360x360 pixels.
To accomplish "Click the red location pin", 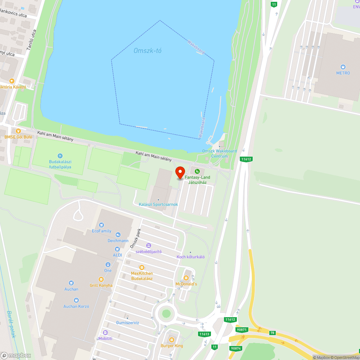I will tap(180, 172).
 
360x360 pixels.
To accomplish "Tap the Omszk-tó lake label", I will tap(148, 51).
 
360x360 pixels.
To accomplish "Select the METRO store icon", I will tap(343, 67).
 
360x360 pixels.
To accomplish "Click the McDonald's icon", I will tap(186, 278).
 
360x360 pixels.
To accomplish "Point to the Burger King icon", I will tap(172, 339).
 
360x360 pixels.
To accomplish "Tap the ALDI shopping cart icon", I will tap(117, 249).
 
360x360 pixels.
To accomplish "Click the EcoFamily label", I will tap(102, 231).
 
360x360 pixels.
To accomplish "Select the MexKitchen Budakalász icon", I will tap(142, 267).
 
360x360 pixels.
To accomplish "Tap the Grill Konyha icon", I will tap(101, 279).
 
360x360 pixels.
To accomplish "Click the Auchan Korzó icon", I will tap(76, 300).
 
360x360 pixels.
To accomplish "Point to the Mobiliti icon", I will tap(105, 333).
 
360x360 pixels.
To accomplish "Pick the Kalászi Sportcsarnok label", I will tap(158, 204).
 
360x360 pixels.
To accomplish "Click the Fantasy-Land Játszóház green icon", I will tap(197, 171).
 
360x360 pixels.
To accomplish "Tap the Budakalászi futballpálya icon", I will tap(60, 156).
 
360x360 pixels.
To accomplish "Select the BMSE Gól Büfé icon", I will tap(18, 131).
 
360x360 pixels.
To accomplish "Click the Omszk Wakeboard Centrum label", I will tap(220, 153).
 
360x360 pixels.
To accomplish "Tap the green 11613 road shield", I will tap(204, 334).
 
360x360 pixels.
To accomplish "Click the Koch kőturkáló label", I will tap(190, 257).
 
